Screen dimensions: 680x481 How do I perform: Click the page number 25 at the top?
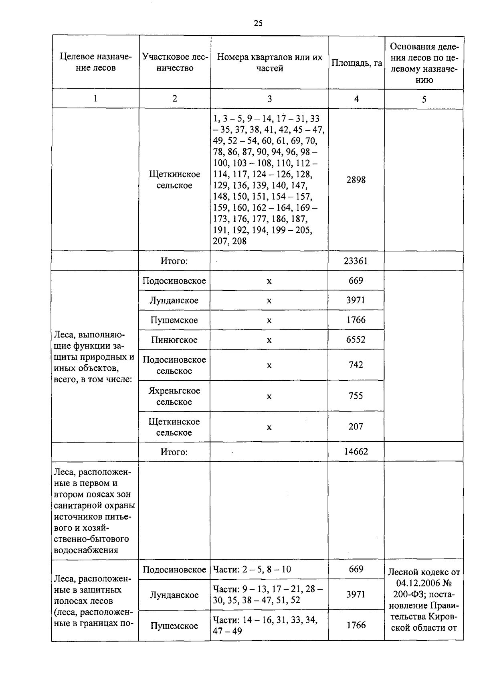(x=258, y=23)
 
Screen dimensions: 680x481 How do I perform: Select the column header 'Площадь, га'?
(x=356, y=63)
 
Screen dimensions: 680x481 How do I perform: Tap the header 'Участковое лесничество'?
(x=175, y=63)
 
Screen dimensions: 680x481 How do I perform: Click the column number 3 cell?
(x=269, y=99)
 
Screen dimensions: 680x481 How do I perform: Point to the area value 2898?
(x=356, y=180)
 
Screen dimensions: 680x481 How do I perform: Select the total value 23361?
(x=356, y=261)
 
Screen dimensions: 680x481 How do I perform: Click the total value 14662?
(x=356, y=452)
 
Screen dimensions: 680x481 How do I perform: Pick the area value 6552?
(x=356, y=340)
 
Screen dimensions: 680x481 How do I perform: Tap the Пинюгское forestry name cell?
(x=174, y=340)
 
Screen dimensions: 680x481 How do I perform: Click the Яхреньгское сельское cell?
(x=174, y=396)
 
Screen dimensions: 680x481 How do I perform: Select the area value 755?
(x=356, y=396)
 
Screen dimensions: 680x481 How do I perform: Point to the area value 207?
(x=356, y=427)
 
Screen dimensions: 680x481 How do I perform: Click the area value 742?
(x=356, y=365)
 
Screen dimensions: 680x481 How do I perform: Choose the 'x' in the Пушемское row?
(x=269, y=320)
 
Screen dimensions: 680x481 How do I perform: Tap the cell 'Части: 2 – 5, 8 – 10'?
(x=252, y=569)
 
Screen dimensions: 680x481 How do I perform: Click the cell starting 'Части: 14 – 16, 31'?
(x=265, y=625)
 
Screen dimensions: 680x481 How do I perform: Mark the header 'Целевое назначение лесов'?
(x=96, y=63)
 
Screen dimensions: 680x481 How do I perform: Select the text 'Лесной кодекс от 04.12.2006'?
(x=424, y=578)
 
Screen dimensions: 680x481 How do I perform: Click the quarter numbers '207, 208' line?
(x=230, y=241)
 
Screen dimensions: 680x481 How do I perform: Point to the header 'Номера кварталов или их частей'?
(x=269, y=63)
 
